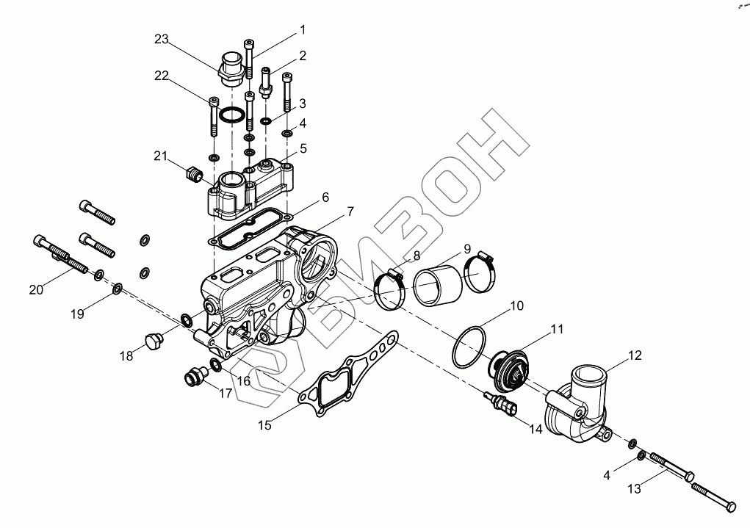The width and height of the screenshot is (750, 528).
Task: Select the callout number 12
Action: (x=634, y=355)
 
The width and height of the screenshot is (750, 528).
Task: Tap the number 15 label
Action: (x=264, y=424)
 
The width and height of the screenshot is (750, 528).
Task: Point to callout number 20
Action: (x=37, y=289)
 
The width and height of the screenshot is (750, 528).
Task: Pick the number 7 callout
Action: (x=350, y=211)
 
